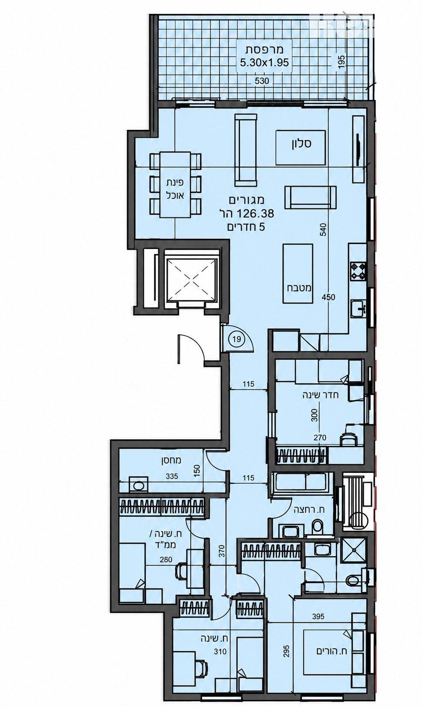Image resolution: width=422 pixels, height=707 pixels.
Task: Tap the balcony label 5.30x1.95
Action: tap(264, 62)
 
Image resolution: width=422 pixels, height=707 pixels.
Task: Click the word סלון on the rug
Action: tap(301, 143)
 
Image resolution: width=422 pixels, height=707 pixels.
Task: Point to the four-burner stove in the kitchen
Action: tap(358, 271)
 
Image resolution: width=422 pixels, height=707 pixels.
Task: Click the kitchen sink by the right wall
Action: tap(359, 307)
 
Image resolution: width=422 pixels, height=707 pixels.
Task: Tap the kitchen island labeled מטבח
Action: tap(298, 273)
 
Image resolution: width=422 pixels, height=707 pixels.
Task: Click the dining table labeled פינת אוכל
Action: tap(176, 185)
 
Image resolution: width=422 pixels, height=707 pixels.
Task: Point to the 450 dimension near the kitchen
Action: tap(328, 297)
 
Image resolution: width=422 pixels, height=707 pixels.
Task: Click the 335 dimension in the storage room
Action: tap(172, 476)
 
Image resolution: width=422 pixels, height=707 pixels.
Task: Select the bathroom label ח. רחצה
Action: tap(309, 509)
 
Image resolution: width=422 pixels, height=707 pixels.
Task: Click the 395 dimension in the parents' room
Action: tap(318, 616)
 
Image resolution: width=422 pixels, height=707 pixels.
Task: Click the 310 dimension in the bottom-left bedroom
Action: tap(220, 651)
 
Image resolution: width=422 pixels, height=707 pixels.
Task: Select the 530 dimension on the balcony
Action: tap(262, 81)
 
